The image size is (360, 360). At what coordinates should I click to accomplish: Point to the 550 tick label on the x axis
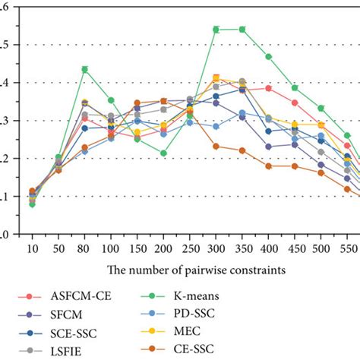(x=347, y=248)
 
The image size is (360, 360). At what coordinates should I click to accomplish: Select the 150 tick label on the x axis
(x=137, y=248)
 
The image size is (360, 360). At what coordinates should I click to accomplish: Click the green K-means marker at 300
(x=216, y=30)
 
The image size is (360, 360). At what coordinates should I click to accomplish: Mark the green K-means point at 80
(x=85, y=69)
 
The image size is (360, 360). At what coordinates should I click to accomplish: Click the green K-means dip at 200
(x=163, y=153)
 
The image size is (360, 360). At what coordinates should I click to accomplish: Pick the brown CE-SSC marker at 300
(x=216, y=146)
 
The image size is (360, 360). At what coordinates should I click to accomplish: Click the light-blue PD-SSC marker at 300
(x=216, y=126)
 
